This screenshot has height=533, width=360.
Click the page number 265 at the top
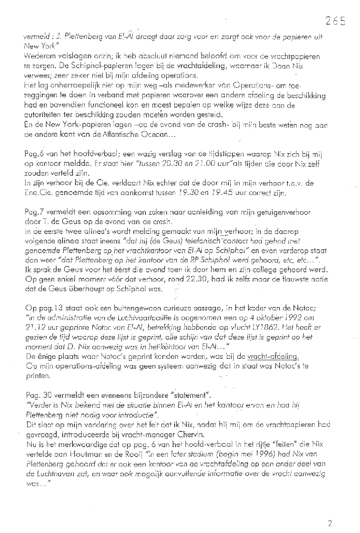point(335,21)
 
